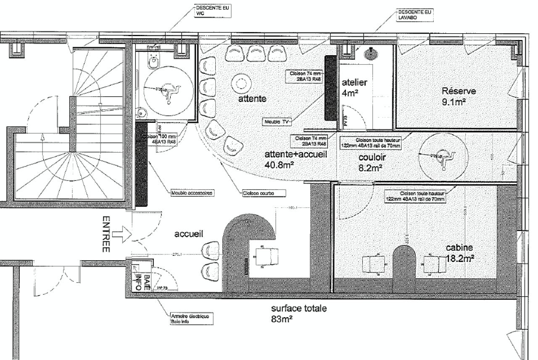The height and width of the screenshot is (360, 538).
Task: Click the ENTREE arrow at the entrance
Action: (122, 234)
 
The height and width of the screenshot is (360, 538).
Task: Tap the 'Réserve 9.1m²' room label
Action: (459, 96)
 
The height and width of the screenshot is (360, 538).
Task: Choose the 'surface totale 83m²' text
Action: (298, 314)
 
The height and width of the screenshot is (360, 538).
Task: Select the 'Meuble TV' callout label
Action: (277, 122)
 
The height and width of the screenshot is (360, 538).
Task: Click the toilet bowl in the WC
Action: (154, 61)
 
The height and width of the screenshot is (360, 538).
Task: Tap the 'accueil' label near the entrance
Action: (189, 234)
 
